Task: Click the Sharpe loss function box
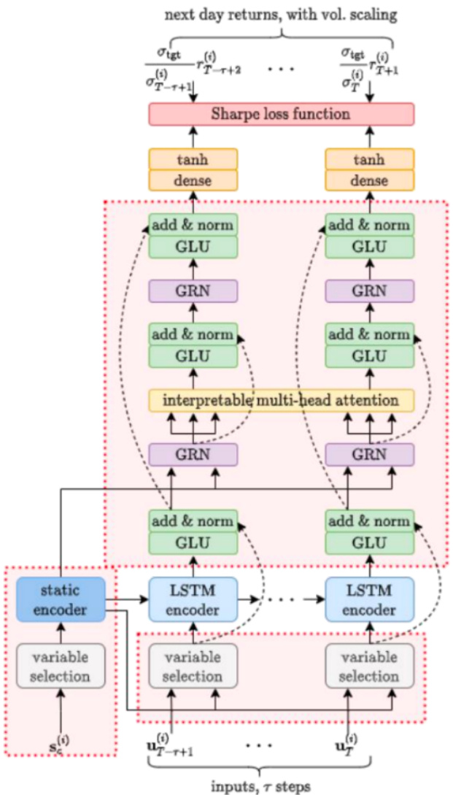(281, 114)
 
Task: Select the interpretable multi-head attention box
(281, 400)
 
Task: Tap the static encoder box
(61, 599)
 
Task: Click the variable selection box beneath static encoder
(61, 667)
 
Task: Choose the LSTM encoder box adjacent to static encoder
(193, 599)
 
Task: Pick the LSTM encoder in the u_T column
(369, 599)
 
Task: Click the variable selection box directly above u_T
(369, 667)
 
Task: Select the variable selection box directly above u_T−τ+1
(193, 667)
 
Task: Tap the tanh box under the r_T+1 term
(369, 159)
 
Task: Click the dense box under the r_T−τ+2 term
(193, 180)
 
